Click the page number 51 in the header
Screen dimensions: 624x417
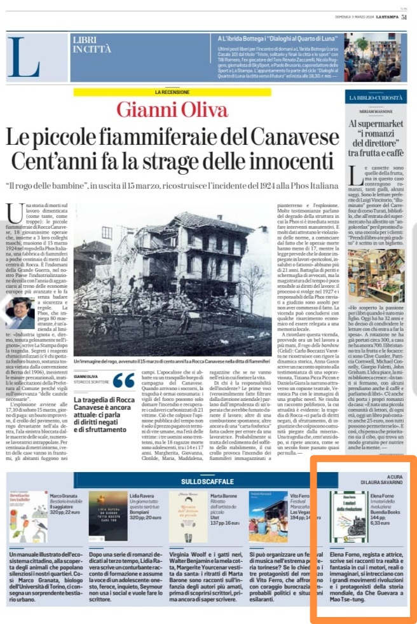click(x=404, y=18)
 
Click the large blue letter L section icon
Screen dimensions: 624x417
click(x=24, y=58)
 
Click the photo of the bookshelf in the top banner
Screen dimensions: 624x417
click(x=382, y=58)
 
